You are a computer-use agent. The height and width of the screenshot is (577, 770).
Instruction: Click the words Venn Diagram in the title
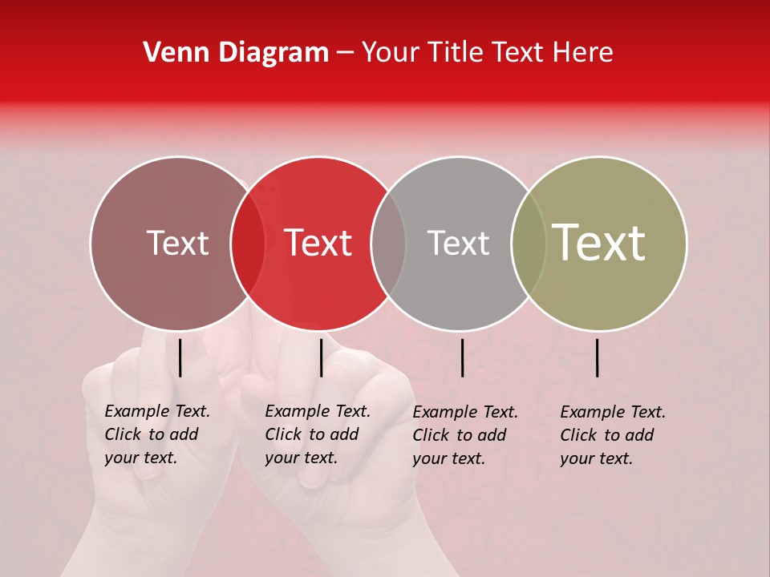tap(236, 53)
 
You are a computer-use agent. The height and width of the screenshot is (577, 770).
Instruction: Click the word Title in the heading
tap(455, 53)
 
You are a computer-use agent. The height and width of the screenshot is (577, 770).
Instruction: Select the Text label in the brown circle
tap(177, 243)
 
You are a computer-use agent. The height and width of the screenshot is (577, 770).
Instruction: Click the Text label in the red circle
tap(318, 243)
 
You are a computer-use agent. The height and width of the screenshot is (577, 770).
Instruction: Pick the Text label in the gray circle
tap(458, 243)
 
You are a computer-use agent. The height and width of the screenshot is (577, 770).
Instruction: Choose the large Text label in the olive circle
tap(599, 242)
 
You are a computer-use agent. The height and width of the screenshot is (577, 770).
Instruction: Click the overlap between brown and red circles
tap(248, 244)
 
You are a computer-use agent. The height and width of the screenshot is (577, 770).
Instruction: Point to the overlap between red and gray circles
tap(388, 244)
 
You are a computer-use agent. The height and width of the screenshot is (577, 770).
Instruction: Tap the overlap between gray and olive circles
tap(529, 244)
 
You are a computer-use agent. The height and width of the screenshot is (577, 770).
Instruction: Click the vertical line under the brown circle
tap(180, 357)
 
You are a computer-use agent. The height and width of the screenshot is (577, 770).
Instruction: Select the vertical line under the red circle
tap(321, 357)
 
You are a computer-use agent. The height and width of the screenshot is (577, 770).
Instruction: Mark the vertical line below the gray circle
tap(462, 357)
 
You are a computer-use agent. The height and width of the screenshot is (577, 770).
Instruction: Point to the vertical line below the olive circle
tap(598, 357)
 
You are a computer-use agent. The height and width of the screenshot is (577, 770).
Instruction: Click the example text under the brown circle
tap(157, 434)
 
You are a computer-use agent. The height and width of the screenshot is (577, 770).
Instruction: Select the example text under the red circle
tap(318, 434)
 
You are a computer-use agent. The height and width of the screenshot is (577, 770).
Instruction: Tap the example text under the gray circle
tap(465, 435)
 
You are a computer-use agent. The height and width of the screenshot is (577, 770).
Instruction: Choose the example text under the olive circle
tap(613, 435)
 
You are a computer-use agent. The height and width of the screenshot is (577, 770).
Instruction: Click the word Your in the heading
tap(391, 53)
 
